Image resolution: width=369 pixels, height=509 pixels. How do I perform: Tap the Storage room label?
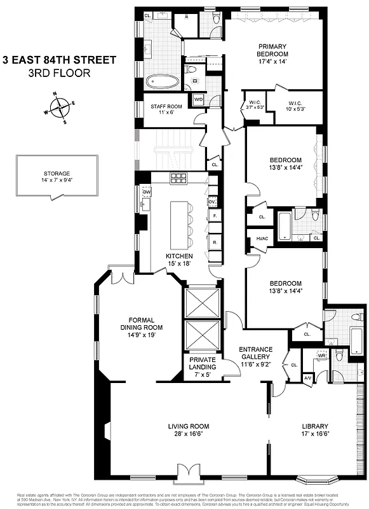(57, 177)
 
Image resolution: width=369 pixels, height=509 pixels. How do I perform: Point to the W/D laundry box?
(198, 99)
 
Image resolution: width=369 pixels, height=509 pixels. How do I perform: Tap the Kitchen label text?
(179, 256)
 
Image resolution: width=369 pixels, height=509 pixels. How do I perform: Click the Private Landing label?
(202, 367)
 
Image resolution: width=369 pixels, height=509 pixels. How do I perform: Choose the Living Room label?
(188, 430)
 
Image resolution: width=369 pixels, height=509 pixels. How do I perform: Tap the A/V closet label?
(308, 377)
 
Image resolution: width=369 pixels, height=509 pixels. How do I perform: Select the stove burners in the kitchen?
(178, 178)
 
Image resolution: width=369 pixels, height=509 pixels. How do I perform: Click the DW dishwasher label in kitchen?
(147, 191)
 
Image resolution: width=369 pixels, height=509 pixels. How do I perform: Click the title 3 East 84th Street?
(60, 60)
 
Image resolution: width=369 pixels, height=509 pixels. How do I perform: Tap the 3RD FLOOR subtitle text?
(60, 73)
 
